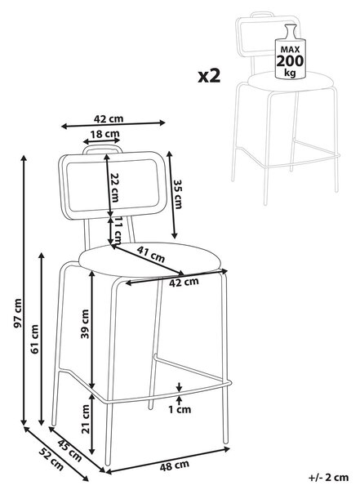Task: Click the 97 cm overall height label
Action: point(19,314)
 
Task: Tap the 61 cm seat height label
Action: point(34,339)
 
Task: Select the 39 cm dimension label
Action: point(85,323)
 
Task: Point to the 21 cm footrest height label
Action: point(86,419)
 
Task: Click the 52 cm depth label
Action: point(51,459)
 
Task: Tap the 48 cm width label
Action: point(175,465)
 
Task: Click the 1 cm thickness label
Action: point(180,409)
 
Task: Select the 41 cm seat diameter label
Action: point(151,253)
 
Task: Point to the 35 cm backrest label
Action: point(177,194)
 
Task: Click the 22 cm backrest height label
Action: point(114,188)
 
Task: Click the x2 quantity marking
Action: point(209,76)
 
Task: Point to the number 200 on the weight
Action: point(290,61)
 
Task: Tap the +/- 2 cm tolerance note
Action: point(328,478)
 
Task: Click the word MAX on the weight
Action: point(290,49)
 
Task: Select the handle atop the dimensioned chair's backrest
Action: point(102,149)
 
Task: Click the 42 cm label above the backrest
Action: point(109,118)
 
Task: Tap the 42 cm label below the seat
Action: point(184,282)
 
